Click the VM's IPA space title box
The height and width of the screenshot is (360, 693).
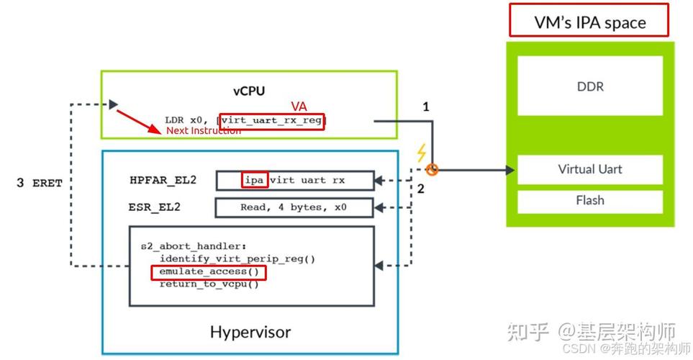[x=589, y=22]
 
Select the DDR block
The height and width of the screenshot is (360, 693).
[x=590, y=86]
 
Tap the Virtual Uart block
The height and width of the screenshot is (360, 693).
[x=590, y=169]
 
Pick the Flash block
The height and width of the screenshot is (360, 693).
[x=590, y=200]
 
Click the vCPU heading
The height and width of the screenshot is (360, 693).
[x=248, y=91]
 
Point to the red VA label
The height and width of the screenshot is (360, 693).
[x=299, y=107]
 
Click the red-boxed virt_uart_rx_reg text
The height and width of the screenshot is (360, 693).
[x=272, y=120]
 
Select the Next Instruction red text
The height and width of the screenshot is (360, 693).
[x=204, y=131]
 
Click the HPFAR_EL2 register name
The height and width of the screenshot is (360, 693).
[x=163, y=180]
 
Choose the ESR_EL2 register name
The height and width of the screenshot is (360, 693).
[x=154, y=207]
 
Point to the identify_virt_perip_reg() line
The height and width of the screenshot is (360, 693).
[x=237, y=259]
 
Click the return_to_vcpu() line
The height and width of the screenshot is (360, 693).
[x=209, y=284]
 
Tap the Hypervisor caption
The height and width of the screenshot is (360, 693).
[x=250, y=332]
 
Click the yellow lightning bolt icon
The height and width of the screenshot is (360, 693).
[x=421, y=153]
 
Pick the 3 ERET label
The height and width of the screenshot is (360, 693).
[x=40, y=183]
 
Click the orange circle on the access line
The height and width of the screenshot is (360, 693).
[x=432, y=170]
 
